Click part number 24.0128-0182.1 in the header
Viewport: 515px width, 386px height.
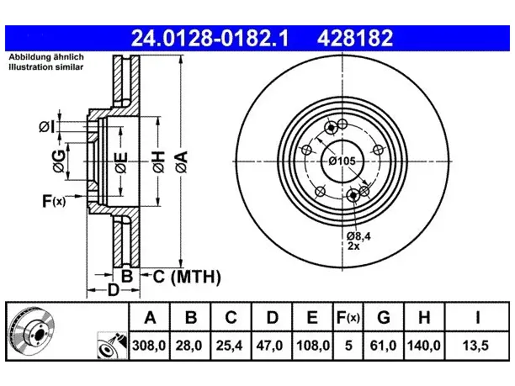click(x=210, y=38)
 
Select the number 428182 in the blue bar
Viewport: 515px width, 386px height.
click(x=355, y=38)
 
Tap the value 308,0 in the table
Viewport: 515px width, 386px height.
click(x=149, y=346)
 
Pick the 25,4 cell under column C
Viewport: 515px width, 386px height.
click(x=229, y=346)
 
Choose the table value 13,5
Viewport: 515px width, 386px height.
click(x=475, y=346)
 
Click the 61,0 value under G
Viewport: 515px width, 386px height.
click(x=383, y=346)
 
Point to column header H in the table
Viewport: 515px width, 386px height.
click(x=424, y=317)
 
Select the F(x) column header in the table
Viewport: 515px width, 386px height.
click(x=348, y=318)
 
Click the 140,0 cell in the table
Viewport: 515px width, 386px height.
click(x=423, y=346)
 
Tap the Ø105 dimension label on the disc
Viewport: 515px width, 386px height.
click(x=342, y=161)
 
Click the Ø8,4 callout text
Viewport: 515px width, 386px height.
click(x=358, y=236)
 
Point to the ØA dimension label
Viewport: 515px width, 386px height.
click(x=182, y=161)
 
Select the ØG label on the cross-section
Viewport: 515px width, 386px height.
click(x=59, y=161)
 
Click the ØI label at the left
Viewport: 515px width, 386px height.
click(x=46, y=126)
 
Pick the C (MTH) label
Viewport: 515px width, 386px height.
click(x=187, y=277)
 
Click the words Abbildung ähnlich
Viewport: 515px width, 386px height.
click(x=46, y=57)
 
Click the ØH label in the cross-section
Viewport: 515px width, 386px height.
click(x=159, y=161)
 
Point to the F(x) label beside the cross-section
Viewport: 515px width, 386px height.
click(x=54, y=200)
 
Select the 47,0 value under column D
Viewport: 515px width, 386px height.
click(x=269, y=346)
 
